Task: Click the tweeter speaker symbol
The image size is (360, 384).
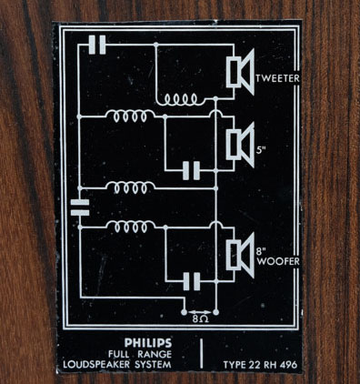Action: click(240, 72)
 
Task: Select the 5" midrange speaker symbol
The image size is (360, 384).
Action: click(240, 145)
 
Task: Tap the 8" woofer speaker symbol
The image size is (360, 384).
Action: click(240, 256)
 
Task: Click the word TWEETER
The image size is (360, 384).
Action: click(277, 78)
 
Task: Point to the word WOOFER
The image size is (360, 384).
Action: click(278, 261)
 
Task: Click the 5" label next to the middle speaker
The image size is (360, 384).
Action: click(261, 150)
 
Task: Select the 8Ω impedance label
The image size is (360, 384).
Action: click(200, 319)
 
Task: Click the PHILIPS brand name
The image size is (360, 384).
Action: click(148, 343)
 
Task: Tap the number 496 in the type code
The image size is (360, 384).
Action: click(288, 365)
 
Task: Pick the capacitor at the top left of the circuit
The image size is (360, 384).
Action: click(97, 45)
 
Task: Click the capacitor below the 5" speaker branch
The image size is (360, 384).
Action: click(192, 171)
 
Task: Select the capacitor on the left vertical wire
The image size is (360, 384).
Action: click(80, 207)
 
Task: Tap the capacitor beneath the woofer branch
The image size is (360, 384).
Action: click(192, 281)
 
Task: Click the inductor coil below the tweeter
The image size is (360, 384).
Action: click(180, 99)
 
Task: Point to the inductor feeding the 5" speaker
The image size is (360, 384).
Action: click(130, 116)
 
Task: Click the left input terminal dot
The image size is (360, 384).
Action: click(184, 312)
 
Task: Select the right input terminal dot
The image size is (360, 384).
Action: click(215, 312)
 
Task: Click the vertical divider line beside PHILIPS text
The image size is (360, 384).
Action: click(201, 354)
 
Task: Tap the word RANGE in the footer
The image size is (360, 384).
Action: click(155, 354)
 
